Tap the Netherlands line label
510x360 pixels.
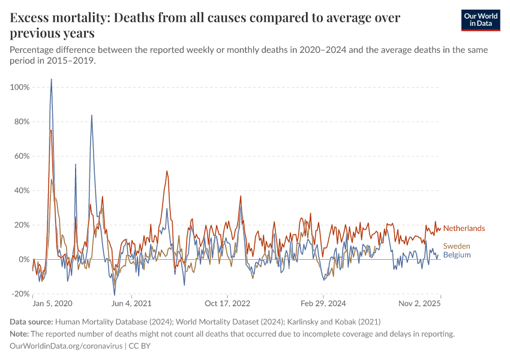[464, 229]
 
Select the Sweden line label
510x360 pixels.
[456, 246]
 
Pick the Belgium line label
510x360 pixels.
[456, 255]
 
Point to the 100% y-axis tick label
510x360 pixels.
[20, 88]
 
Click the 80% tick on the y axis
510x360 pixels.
[22, 122]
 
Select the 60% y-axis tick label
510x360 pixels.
[22, 156]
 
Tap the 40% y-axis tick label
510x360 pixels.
[22, 191]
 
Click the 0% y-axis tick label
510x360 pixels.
[24, 260]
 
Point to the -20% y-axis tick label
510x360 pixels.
[20, 294]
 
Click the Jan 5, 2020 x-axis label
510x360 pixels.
[52, 304]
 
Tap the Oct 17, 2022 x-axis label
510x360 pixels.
[226, 304]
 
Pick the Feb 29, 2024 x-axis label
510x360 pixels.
[323, 304]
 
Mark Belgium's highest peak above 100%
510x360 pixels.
[51, 79]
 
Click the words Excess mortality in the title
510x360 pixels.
[56, 19]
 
